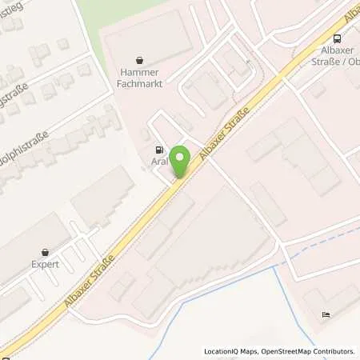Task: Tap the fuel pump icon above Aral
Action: tap(159, 149)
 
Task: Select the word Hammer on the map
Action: tap(140, 71)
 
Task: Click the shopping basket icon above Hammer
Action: tap(140, 59)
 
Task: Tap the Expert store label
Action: tap(45, 263)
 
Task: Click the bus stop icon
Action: tap(337, 38)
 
